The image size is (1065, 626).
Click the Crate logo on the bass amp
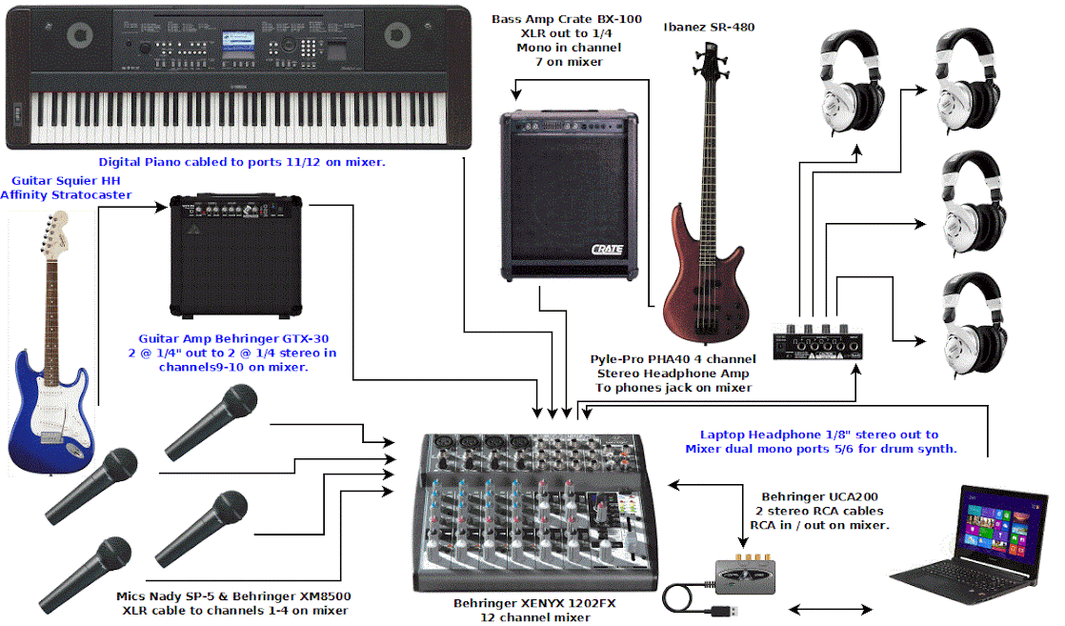click(606, 250)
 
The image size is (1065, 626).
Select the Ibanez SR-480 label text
click(709, 27)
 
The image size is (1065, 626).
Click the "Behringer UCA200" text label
click(814, 497)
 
